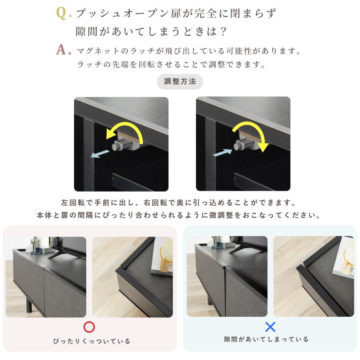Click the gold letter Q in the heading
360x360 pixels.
[x=62, y=13]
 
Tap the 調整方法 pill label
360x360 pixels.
[x=180, y=82]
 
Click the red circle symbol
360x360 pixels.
[x=89, y=327]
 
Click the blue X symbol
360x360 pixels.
[x=270, y=327]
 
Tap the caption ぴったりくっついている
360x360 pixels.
[x=92, y=341]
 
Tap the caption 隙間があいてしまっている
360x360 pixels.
[x=266, y=339]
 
